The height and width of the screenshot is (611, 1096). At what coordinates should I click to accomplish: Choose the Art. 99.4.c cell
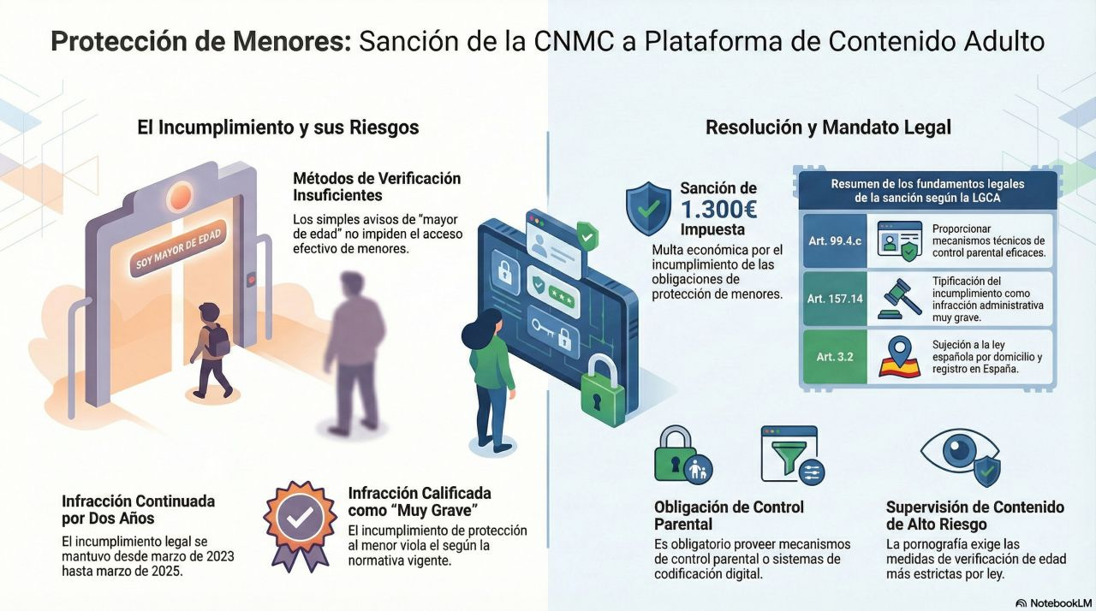pyautogui.click(x=834, y=240)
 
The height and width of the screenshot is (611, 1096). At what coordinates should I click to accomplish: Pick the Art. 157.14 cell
pyautogui.click(x=834, y=298)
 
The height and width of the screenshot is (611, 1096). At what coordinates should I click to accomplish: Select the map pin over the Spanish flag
pyautogui.click(x=898, y=352)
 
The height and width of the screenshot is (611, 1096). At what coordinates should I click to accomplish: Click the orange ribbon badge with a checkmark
pyautogui.click(x=299, y=521)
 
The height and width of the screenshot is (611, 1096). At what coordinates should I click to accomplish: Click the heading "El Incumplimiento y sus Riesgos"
pyautogui.click(x=278, y=128)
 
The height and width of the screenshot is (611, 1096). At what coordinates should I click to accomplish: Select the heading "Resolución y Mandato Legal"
pyautogui.click(x=828, y=128)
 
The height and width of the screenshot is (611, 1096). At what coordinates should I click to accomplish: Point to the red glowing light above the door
pyautogui.click(x=178, y=197)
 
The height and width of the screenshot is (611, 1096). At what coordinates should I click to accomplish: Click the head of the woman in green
pyautogui.click(x=484, y=325)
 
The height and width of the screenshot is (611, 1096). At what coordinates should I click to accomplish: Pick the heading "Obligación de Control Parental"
pyautogui.click(x=729, y=515)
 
